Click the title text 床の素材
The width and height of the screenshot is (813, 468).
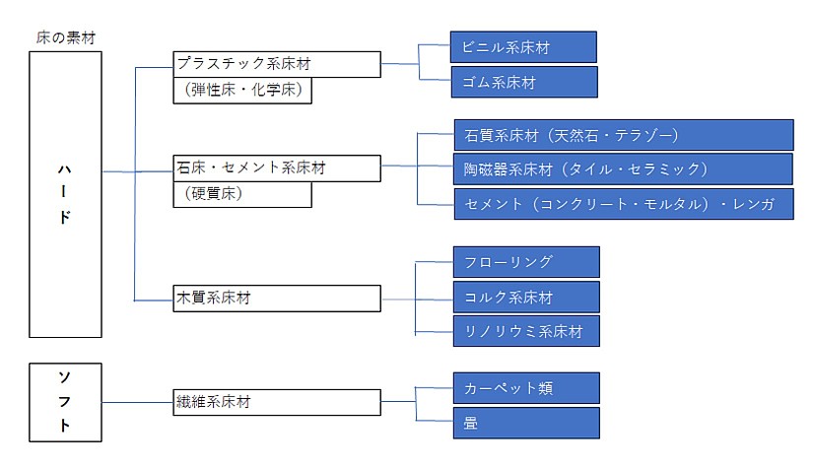point(66,37)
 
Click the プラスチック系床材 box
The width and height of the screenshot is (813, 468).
point(277,64)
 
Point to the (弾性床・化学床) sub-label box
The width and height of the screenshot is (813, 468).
point(242,91)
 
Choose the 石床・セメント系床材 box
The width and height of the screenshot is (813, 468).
point(277,168)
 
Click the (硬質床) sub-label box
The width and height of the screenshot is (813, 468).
point(242,194)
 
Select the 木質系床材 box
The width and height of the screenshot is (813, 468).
point(277,298)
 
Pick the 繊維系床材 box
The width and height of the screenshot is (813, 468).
point(277,402)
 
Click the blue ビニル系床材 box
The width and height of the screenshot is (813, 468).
point(523,47)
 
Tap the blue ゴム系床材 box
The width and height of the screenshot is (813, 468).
point(524,82)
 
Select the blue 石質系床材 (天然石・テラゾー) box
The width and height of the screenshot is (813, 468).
point(624,135)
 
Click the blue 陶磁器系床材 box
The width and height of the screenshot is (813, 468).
point(623,168)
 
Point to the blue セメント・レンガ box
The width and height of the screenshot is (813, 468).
point(624,204)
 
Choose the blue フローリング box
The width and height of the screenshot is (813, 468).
point(526,262)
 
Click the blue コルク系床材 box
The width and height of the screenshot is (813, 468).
point(526,297)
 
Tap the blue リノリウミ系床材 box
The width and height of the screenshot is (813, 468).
point(526,331)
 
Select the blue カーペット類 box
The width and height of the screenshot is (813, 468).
point(526,387)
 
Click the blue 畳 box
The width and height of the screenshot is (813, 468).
point(526,423)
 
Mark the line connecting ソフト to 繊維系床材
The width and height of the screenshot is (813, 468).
point(137,402)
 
